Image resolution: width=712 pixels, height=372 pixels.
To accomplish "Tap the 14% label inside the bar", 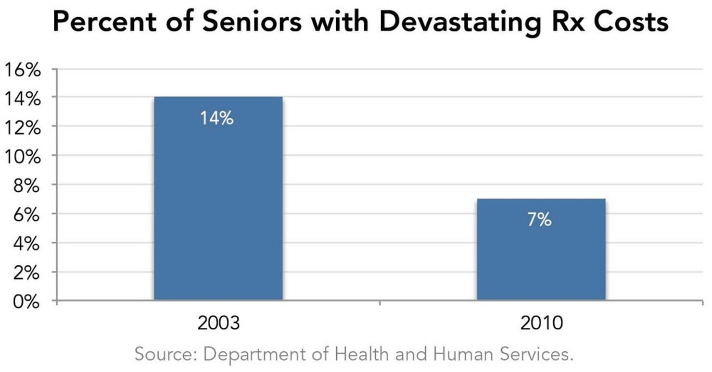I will click(x=217, y=118).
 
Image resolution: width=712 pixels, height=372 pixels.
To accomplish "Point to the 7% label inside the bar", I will click(x=539, y=220).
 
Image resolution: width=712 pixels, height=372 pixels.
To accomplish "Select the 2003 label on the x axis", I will click(x=218, y=323).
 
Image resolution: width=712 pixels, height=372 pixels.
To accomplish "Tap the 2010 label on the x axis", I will click(x=541, y=323).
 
